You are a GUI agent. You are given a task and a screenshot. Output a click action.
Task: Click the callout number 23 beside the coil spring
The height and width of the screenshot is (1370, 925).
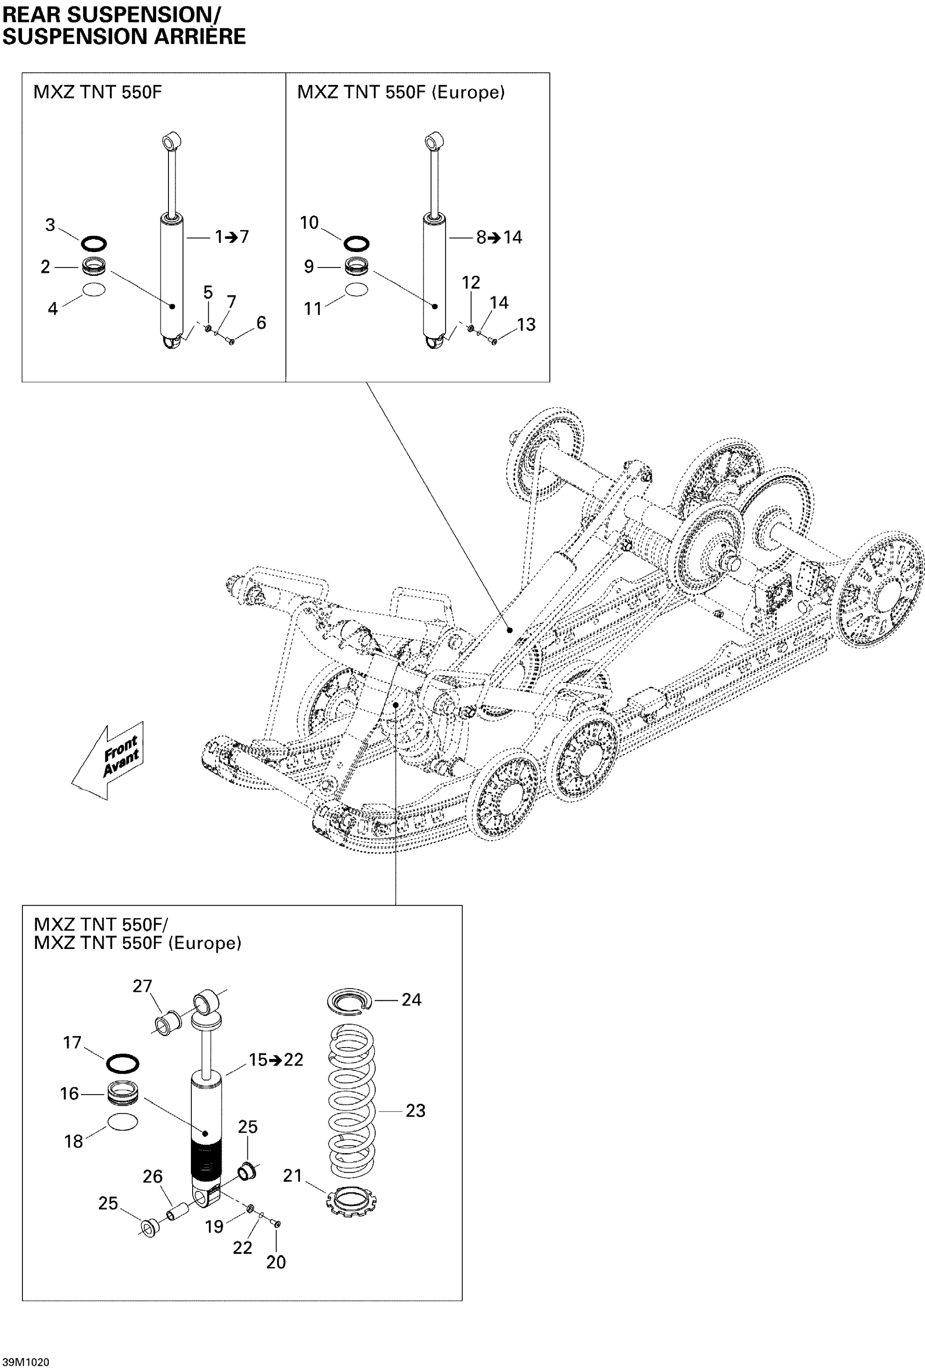tap(415, 1111)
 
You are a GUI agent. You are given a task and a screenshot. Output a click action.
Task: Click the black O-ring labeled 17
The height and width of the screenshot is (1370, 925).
tap(123, 1064)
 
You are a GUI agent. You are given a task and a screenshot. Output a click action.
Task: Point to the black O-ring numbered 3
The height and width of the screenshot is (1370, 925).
tap(93, 243)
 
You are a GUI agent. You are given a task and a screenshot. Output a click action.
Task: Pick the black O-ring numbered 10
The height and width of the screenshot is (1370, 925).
tap(356, 243)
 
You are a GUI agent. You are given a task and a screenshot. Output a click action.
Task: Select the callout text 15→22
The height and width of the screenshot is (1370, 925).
tap(276, 1060)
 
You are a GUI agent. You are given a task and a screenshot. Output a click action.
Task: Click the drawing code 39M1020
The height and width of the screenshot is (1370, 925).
tap(26, 1362)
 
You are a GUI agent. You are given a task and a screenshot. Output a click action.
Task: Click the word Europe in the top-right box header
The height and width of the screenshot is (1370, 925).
tap(468, 93)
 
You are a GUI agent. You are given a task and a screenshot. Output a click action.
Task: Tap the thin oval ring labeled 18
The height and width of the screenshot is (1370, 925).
tap(123, 1122)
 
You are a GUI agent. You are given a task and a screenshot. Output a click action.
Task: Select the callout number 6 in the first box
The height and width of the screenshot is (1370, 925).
tap(261, 322)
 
